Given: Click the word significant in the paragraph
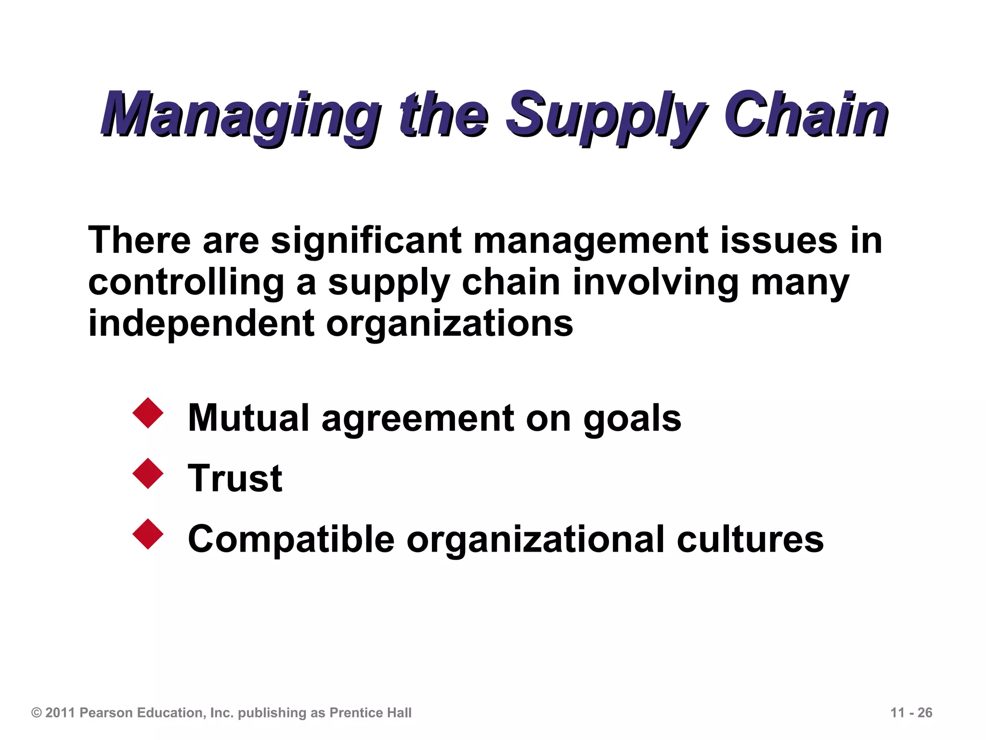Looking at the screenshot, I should (x=366, y=240).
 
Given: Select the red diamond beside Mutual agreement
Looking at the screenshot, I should (x=148, y=413).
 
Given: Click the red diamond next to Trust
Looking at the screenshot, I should (x=148, y=474).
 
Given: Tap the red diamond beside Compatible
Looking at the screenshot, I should (x=148, y=534).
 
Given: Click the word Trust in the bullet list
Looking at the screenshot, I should (x=235, y=478).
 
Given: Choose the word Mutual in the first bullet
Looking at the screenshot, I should (x=248, y=418).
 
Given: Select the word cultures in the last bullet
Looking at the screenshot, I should (x=750, y=539).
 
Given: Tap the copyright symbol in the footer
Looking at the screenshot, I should (x=37, y=713).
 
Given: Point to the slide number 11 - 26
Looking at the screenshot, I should (x=911, y=713).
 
